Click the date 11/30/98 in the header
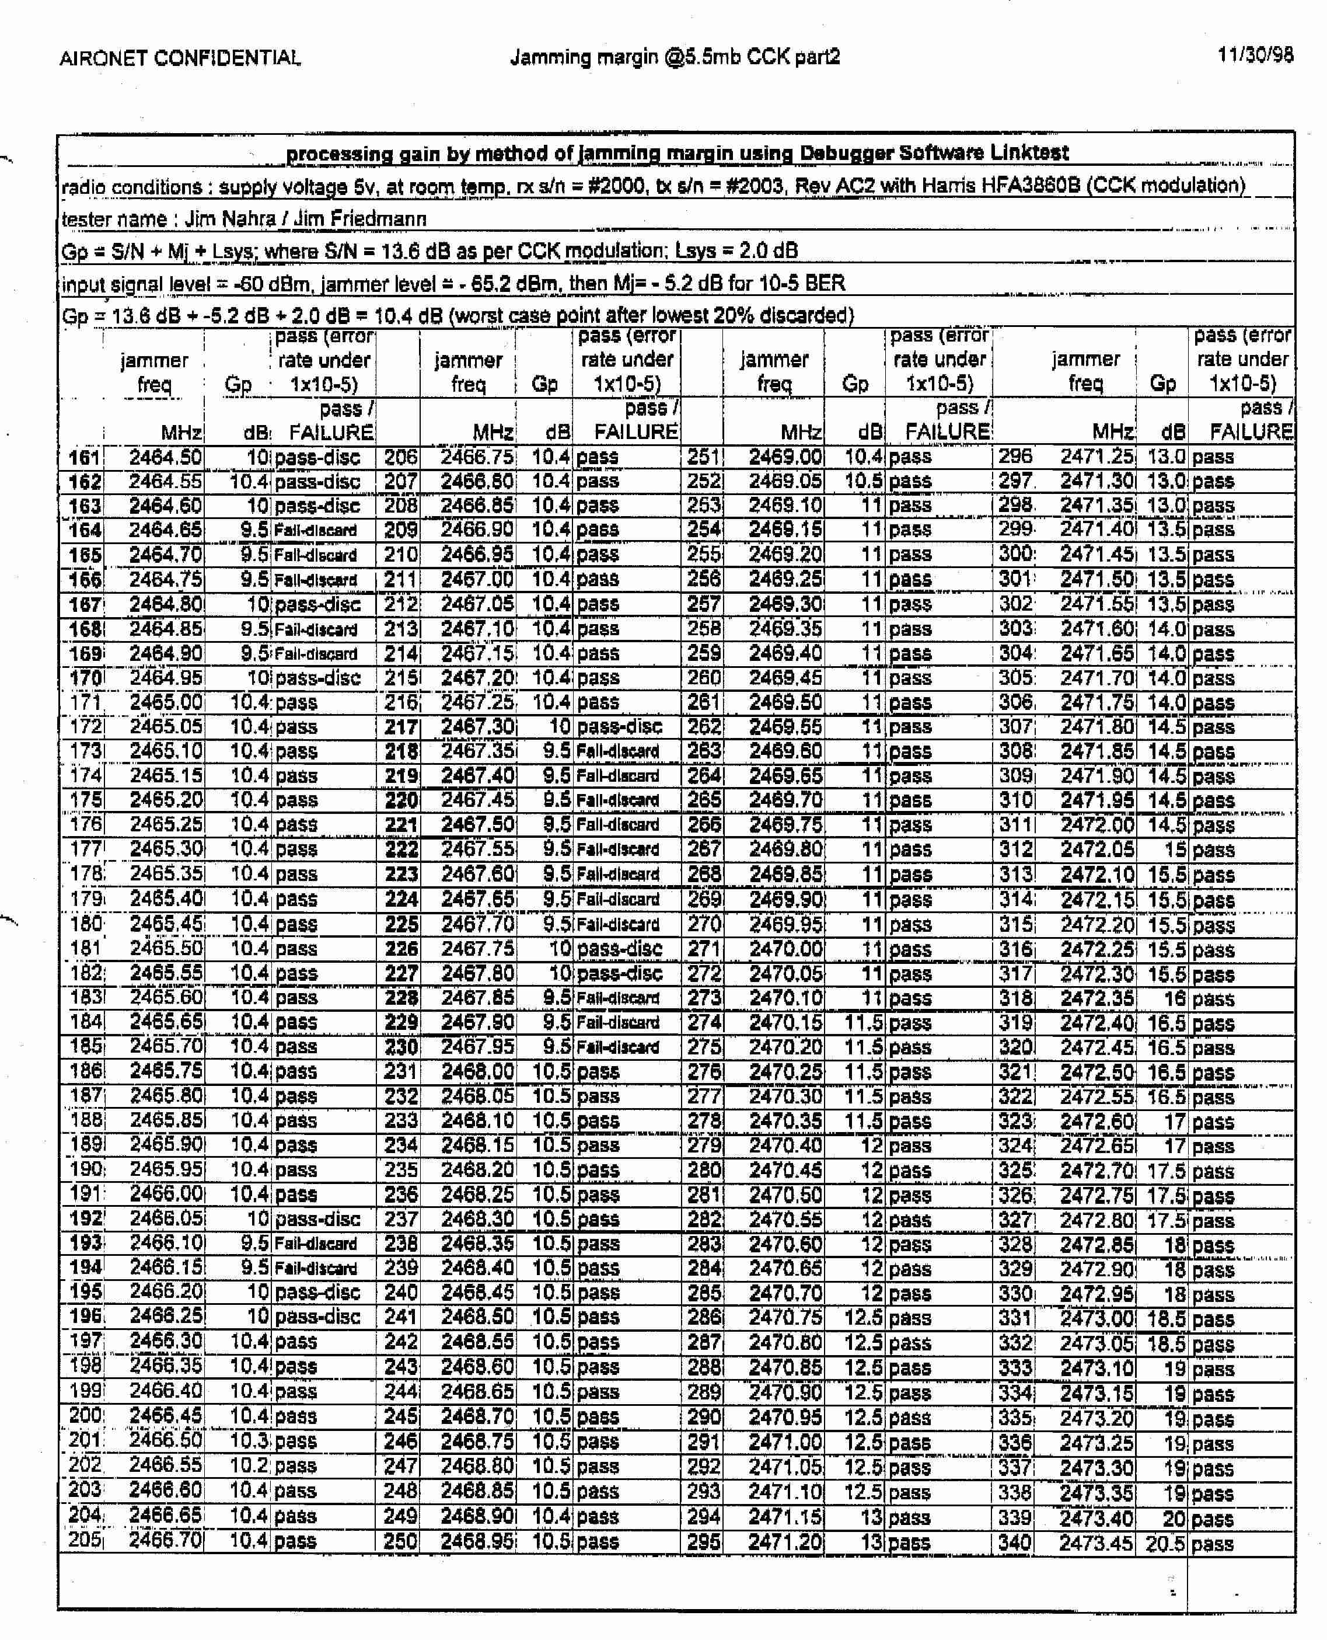point(1255,55)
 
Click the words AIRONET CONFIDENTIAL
point(180,58)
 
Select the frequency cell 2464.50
point(165,457)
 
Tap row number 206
point(400,457)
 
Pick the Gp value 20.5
point(1164,1543)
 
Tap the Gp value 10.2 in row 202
point(249,1465)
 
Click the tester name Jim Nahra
point(229,220)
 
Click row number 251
point(703,457)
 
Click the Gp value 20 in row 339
point(1174,1519)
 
